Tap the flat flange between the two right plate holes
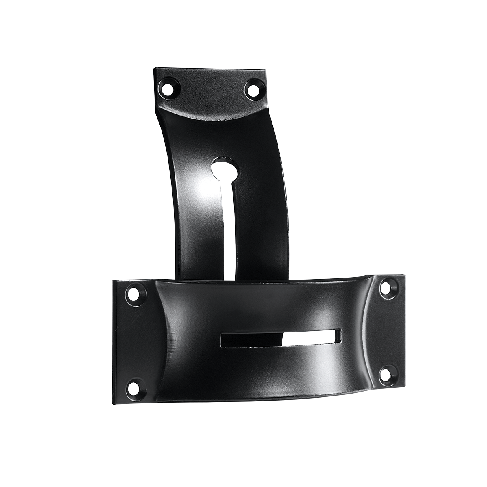[x=390, y=329]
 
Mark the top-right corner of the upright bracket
[x=266, y=71]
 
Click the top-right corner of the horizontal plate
[x=404, y=276]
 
